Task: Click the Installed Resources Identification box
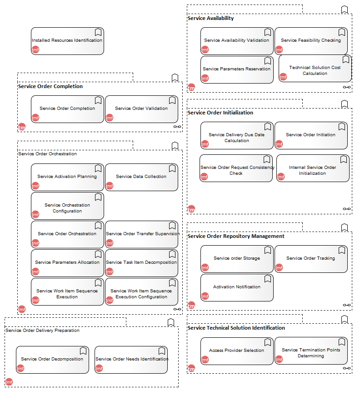click(67, 41)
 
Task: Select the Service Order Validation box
click(141, 109)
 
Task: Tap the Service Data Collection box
click(141, 177)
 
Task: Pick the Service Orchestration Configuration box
click(67, 206)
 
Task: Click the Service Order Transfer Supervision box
click(141, 234)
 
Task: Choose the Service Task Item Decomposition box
click(141, 263)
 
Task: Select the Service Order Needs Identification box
click(131, 360)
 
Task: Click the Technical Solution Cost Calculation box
click(315, 69)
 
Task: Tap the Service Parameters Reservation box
click(237, 69)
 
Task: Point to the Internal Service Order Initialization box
click(313, 168)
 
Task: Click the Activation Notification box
click(237, 288)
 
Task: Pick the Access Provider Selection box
click(237, 351)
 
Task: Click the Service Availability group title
click(210, 18)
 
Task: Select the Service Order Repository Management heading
click(236, 236)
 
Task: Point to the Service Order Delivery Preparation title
click(42, 331)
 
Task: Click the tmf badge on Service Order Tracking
click(279, 267)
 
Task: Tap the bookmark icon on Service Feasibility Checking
click(342, 32)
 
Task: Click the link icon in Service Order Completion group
click(177, 127)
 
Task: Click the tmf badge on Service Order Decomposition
click(20, 368)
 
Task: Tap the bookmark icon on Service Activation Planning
click(98, 168)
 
